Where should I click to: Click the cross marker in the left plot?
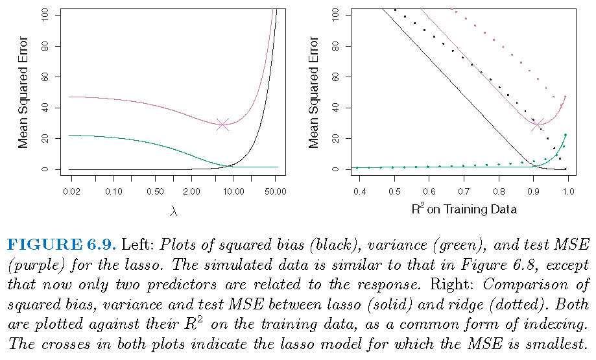coord(222,124)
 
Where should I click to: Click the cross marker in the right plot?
coord(538,125)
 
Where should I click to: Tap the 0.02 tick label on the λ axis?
coord(73,193)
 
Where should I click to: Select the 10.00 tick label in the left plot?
coord(233,193)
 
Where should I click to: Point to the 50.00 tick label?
coord(276,193)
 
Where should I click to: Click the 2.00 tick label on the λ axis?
coord(192,193)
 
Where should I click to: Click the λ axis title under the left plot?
coord(173,210)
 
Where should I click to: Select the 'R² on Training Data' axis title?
coord(464,209)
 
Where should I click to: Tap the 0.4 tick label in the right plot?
coord(360,193)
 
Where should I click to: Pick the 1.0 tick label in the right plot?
coord(568,193)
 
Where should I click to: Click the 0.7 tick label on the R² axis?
coord(464,193)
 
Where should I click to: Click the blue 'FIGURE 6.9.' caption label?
coord(60,245)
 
